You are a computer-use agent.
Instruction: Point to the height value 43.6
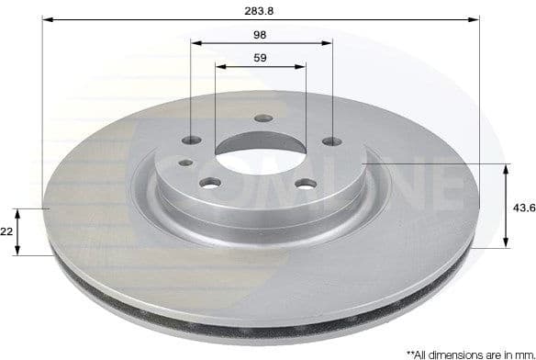coord(523,208)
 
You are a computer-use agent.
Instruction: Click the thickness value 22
coord(7,233)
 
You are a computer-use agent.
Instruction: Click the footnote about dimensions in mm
coord(470,352)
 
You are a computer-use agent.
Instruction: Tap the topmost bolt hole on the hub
coord(263,118)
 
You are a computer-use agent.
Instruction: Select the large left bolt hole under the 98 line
coord(192,141)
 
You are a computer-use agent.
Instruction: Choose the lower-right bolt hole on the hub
coord(306,184)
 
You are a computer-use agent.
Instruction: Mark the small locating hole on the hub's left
coord(185,163)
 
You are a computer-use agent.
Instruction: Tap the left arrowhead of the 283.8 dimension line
coord(46,18)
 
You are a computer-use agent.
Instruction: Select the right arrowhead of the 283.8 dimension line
coord(475,18)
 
